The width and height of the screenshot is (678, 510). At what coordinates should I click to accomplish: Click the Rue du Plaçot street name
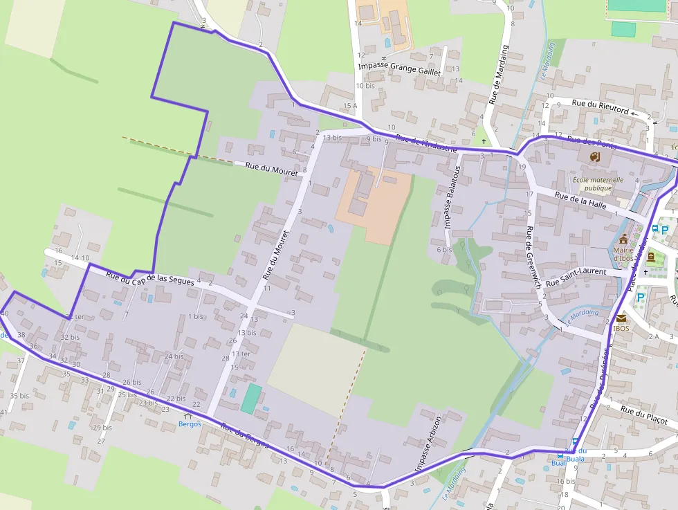644,416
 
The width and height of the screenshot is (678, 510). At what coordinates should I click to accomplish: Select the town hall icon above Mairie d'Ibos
623,239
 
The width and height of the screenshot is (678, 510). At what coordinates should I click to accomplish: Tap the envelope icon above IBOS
621,318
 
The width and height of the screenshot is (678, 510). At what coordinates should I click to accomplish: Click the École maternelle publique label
598,183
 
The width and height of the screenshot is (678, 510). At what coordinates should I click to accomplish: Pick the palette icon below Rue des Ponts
594,157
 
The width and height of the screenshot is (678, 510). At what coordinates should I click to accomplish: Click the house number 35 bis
19,396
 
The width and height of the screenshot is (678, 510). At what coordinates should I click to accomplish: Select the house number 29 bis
102,428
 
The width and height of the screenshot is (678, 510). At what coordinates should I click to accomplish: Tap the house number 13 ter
241,354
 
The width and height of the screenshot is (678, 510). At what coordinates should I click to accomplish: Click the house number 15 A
350,106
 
